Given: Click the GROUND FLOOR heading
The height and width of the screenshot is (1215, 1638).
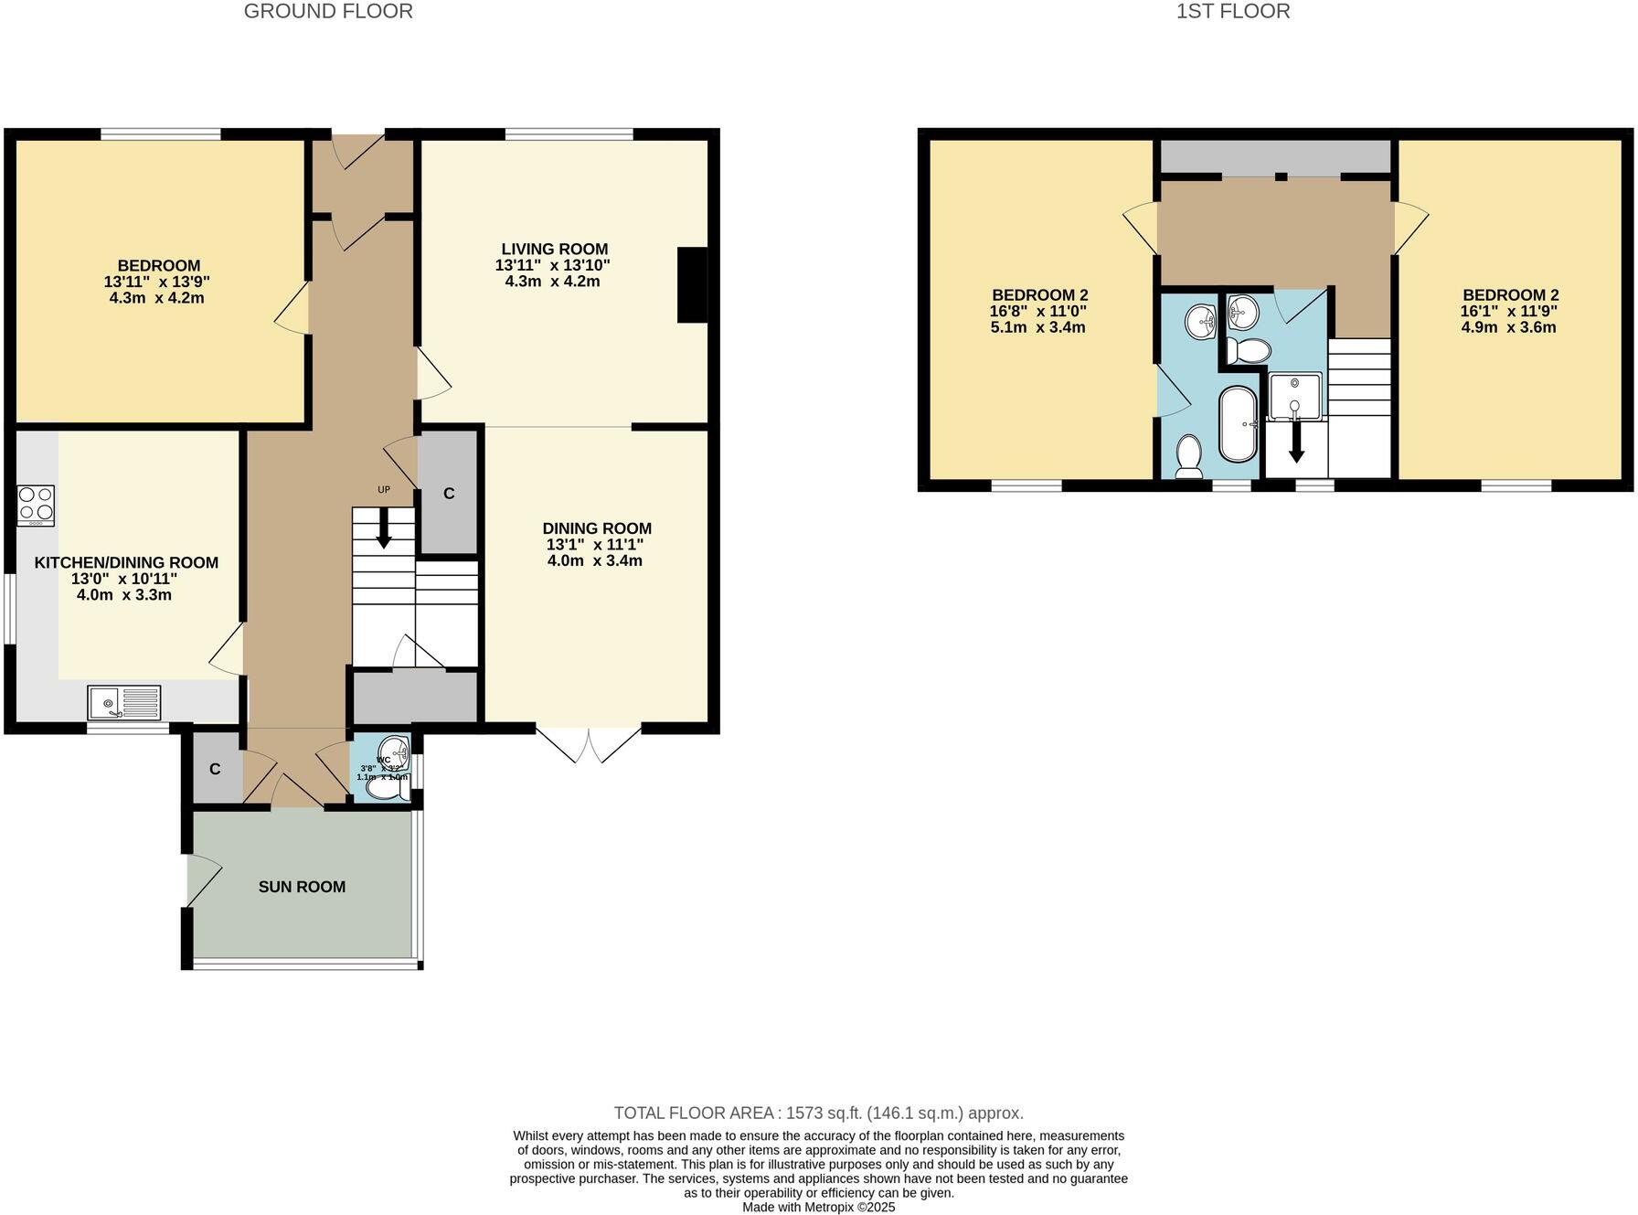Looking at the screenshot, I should click(x=328, y=12).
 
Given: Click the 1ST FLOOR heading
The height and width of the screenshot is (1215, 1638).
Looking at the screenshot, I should click(x=1232, y=12).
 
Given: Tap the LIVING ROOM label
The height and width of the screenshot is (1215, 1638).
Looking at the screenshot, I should click(x=554, y=249).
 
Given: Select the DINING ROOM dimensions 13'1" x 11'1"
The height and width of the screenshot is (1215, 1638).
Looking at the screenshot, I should click(x=595, y=545).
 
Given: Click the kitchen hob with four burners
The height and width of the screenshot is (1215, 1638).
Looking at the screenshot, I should click(x=36, y=505).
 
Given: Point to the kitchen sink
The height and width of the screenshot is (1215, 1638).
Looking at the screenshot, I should click(x=124, y=703).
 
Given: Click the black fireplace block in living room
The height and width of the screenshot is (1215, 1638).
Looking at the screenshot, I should click(x=692, y=284).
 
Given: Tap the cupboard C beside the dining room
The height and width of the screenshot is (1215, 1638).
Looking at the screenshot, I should click(x=449, y=494).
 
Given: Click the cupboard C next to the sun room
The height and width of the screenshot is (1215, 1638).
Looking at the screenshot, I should click(x=215, y=769).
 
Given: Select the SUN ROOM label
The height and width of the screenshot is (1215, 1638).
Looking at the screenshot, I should click(x=302, y=887).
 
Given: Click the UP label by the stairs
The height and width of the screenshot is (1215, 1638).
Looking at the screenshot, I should click(x=384, y=490).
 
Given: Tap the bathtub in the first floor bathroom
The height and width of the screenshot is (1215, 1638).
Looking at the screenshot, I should click(x=1238, y=424).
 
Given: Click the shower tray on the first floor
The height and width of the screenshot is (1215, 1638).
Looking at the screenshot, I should click(x=1294, y=395).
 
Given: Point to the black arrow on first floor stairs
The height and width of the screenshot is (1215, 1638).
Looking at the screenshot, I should click(x=1296, y=445).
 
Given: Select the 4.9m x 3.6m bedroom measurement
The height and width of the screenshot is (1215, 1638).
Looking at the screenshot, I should click(x=1508, y=327).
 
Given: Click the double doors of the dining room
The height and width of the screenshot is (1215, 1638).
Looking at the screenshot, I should click(x=590, y=742).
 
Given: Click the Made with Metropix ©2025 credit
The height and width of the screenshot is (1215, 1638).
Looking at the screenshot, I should click(x=818, y=1207).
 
